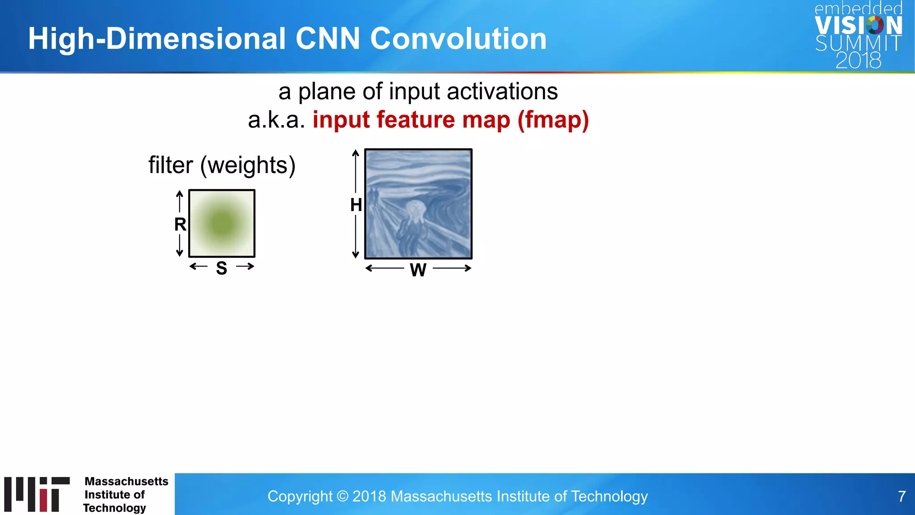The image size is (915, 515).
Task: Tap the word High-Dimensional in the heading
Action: pos(156,38)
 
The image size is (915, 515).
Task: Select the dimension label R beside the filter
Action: pos(180,224)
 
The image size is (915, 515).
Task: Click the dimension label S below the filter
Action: pos(222,268)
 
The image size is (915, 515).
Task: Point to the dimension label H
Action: pos(356,205)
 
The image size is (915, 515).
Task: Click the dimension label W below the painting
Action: pos(418,270)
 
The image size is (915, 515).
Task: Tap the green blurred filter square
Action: pos(222,224)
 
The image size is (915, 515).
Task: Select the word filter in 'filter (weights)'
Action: pos(171,165)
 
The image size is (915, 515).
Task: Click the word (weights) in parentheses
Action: pos(248,165)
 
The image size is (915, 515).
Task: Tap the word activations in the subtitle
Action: pos(502,92)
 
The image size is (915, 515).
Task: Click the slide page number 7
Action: pos(902,496)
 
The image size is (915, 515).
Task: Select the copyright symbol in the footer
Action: pos(342,496)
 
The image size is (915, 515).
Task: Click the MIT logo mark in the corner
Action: pos(37,494)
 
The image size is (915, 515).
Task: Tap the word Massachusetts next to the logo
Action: pos(126,481)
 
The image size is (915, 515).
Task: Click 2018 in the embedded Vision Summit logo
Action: pos(858,60)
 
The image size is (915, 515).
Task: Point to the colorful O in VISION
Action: pos(875,25)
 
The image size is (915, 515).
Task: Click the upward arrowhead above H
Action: pos(356,153)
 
